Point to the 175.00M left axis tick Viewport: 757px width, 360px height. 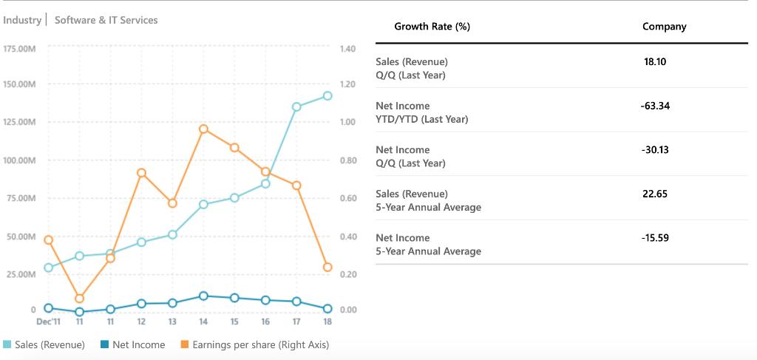click(20, 49)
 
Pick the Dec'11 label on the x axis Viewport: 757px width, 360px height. click(49, 322)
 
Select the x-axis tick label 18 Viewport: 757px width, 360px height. click(327, 322)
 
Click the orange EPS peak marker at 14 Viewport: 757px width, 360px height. click(203, 129)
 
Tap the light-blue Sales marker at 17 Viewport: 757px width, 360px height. click(296, 106)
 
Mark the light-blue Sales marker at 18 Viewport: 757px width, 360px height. click(327, 95)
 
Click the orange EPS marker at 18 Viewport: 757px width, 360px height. click(327, 267)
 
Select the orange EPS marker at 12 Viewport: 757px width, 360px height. click(141, 173)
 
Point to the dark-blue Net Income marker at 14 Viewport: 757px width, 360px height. click(203, 296)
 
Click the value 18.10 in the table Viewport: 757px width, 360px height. click(655, 61)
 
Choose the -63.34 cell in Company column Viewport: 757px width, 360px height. click(655, 106)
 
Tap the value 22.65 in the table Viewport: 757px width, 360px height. click(655, 194)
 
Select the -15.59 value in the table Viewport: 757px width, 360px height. click(655, 237)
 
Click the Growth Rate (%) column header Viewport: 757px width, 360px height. click(432, 27)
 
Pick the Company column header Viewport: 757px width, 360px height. click(664, 27)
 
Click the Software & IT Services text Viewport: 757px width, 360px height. click(106, 20)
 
